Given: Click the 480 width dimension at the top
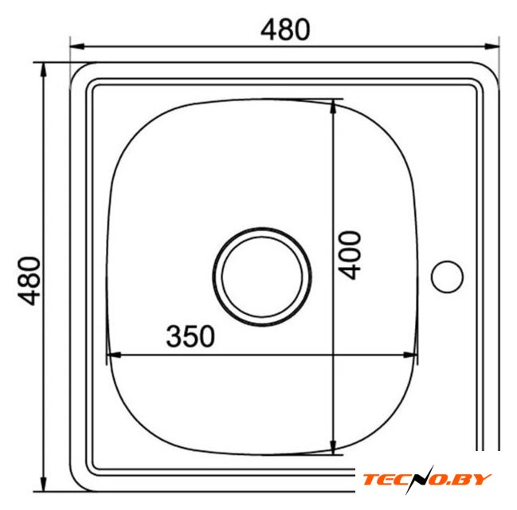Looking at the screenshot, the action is (x=285, y=29).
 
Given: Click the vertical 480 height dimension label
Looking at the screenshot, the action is (x=29, y=281).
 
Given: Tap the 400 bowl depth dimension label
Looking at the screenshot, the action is (x=350, y=255).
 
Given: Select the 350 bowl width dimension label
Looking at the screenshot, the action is (x=190, y=336).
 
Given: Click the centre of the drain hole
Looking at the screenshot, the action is (x=262, y=277).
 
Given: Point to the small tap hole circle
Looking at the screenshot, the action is (x=447, y=277).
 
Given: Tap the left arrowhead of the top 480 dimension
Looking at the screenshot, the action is (x=76, y=46).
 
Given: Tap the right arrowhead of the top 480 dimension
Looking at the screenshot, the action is (x=492, y=46).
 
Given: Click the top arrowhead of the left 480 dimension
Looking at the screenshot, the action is (x=43, y=70).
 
